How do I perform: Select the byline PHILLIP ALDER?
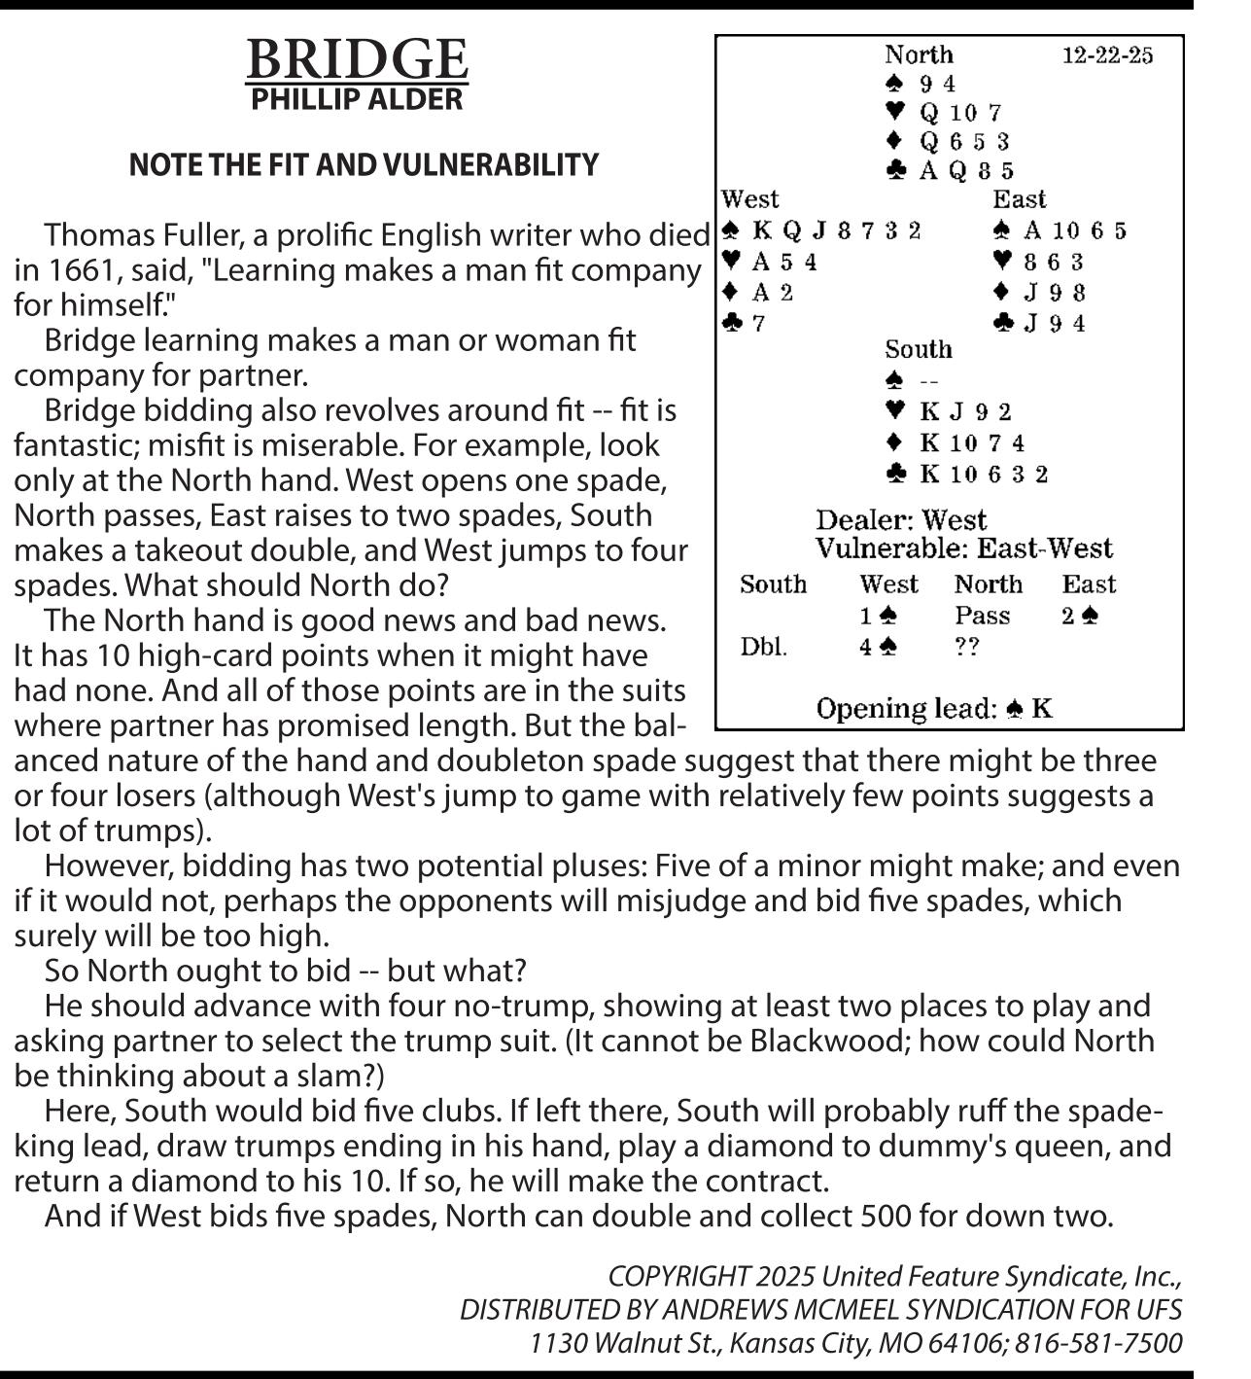pos(357,99)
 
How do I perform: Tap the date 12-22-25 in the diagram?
pos(1107,54)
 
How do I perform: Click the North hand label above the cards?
pos(919,54)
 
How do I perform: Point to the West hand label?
pos(749,199)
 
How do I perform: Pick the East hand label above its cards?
pos(1019,199)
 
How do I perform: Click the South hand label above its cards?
pos(918,349)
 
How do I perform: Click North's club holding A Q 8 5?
pos(966,171)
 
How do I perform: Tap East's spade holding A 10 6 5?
pos(1074,231)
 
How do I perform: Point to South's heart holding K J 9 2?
pos(965,412)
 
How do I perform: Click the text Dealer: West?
pos(901,520)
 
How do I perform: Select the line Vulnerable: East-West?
pos(963,548)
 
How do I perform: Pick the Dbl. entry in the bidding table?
pos(763,647)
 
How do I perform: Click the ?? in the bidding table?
pos(966,647)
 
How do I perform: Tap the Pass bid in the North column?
pos(982,616)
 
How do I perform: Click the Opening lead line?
pos(934,709)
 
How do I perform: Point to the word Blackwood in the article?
pos(829,1041)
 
